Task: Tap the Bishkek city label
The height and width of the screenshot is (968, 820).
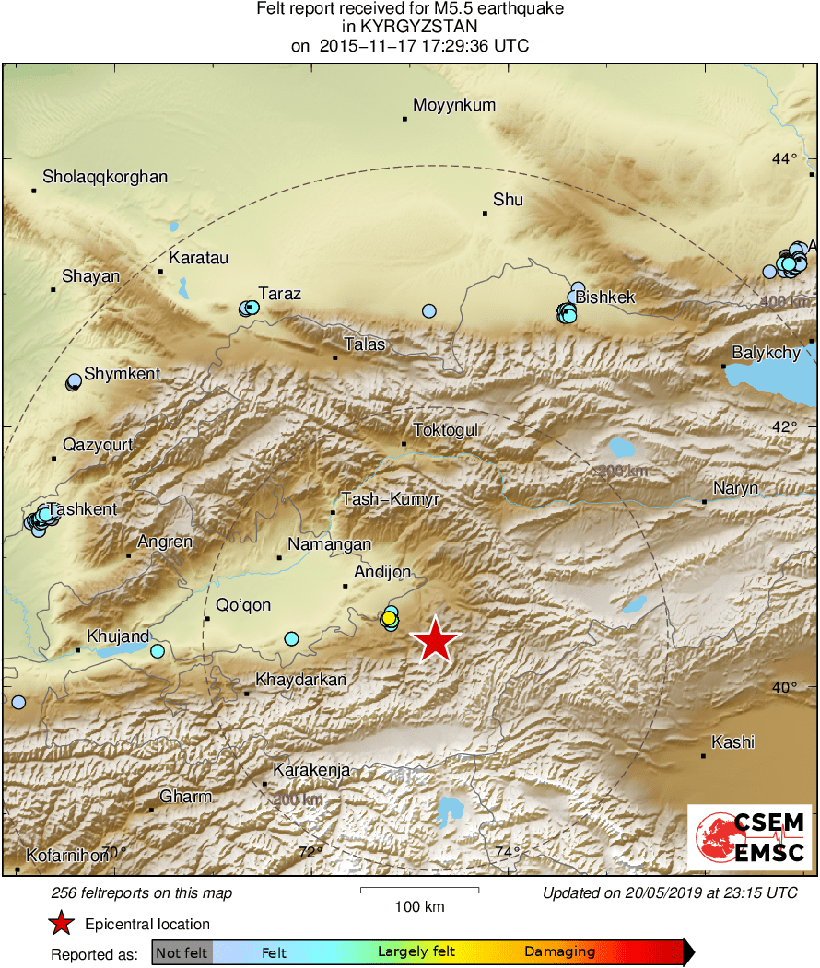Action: (605, 297)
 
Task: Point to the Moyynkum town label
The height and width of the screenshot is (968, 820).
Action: (453, 105)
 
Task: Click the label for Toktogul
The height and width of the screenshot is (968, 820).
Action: (446, 430)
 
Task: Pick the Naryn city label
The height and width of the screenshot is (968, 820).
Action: (736, 488)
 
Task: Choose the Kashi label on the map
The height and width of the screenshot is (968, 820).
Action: (733, 742)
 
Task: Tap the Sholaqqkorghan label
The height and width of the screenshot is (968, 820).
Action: (105, 177)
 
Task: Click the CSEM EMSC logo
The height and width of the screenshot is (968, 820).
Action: (749, 836)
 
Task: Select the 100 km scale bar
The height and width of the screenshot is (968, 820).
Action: (419, 890)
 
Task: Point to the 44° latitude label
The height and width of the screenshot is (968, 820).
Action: (785, 159)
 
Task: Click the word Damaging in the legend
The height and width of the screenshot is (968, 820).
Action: (560, 951)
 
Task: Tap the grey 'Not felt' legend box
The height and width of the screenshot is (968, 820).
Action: (182, 951)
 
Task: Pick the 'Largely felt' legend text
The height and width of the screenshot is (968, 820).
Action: (414, 951)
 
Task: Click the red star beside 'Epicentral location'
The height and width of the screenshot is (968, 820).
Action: (61, 924)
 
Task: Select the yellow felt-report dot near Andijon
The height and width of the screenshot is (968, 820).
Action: (391, 616)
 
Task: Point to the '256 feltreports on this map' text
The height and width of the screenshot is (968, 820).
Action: (142, 892)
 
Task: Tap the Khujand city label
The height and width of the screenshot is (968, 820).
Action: (118, 636)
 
